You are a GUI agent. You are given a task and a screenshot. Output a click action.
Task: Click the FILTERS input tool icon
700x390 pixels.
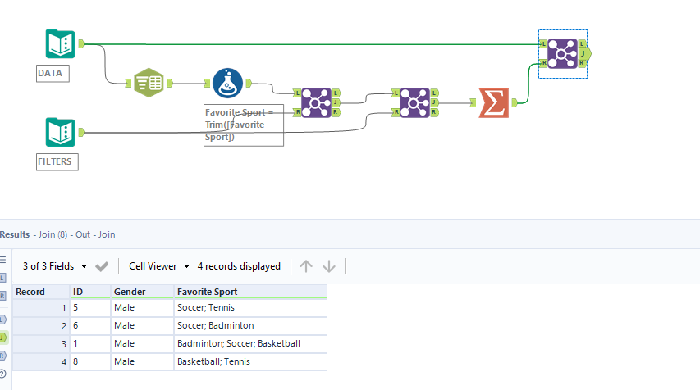click(61, 132)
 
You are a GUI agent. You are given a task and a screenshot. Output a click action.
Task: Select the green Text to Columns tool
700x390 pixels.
click(149, 83)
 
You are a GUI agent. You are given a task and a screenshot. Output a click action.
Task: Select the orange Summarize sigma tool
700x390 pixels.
click(494, 102)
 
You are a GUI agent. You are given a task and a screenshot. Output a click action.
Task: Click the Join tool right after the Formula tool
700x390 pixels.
click(317, 102)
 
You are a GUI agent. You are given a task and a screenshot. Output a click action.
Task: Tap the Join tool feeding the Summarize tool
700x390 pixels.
click(414, 102)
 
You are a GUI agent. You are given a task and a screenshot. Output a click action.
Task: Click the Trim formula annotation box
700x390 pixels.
click(243, 125)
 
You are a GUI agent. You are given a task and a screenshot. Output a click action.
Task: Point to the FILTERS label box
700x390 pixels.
click(56, 161)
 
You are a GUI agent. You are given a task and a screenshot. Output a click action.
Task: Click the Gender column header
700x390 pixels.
click(130, 292)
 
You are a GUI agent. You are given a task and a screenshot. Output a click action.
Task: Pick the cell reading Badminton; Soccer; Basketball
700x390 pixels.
click(238, 343)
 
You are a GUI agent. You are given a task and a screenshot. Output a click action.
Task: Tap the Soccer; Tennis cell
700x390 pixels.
click(205, 308)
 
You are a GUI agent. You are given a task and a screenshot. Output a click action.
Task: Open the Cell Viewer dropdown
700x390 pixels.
click(158, 266)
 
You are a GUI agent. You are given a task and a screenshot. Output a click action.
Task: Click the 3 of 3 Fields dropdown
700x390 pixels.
click(54, 266)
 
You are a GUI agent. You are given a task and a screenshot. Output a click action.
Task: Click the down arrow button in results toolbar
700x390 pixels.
click(329, 266)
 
